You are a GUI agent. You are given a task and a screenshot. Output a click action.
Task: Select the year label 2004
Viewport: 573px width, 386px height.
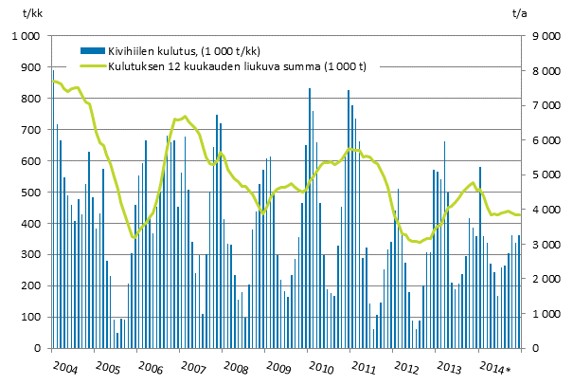pyautogui.click(x=64, y=366)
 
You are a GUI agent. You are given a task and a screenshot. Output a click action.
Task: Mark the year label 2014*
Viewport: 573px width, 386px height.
pyautogui.click(x=494, y=366)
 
